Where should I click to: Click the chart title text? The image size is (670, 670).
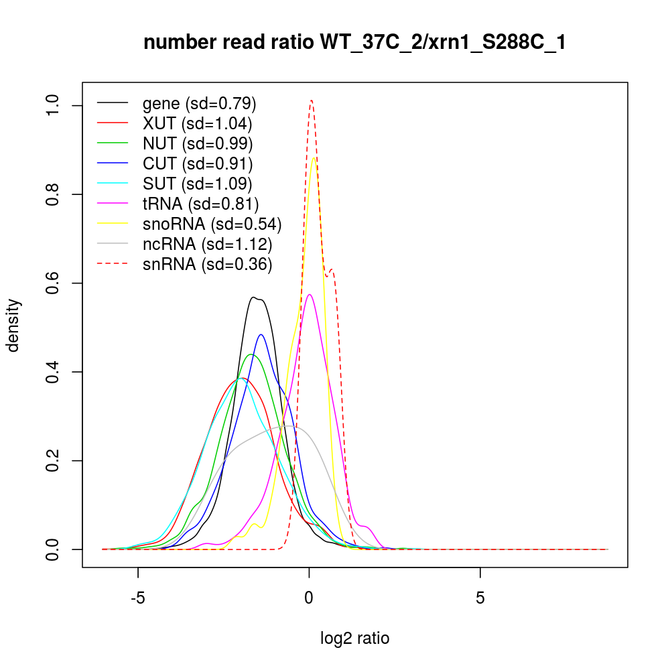(354, 43)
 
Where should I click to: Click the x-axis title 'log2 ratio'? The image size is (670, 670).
(355, 638)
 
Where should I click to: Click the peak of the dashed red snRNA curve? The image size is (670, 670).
(312, 100)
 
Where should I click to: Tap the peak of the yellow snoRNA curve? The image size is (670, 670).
(314, 157)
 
